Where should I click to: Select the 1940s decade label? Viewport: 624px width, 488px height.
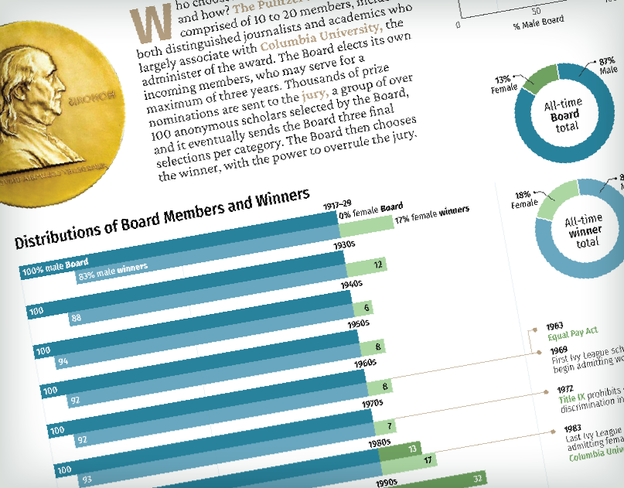[x=352, y=284]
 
